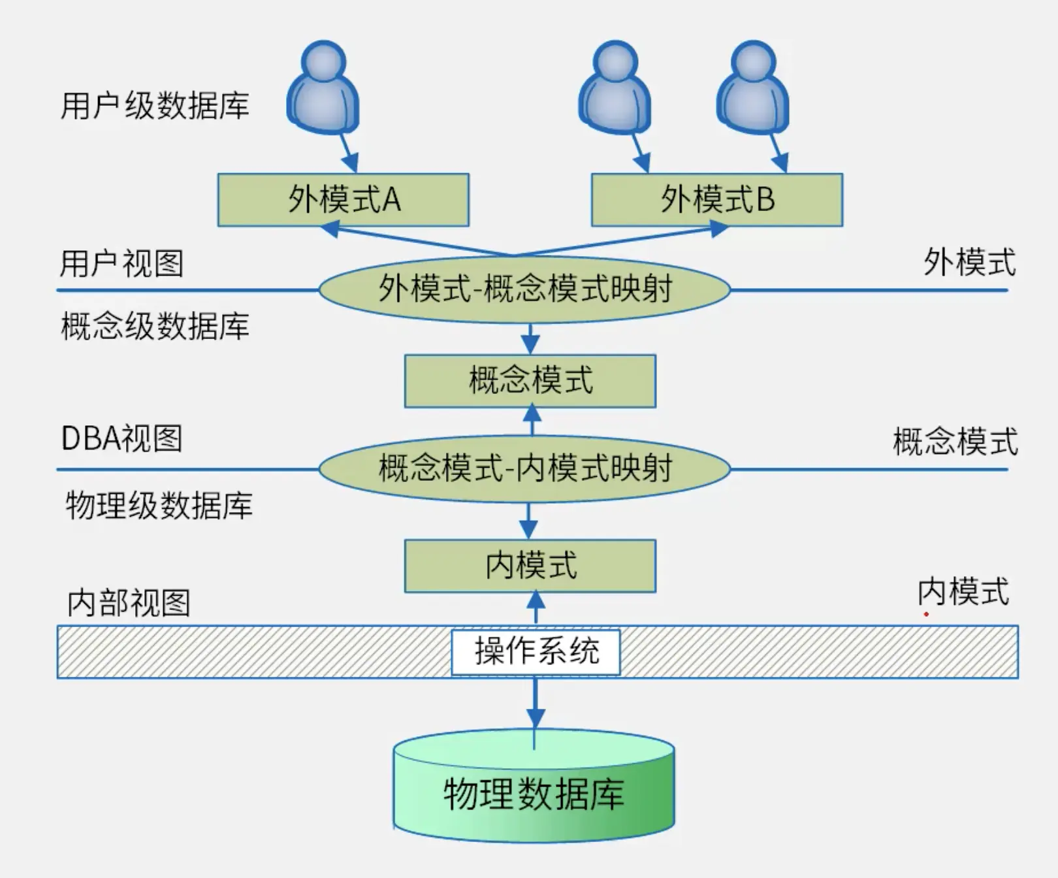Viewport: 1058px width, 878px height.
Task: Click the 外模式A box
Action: coord(343,200)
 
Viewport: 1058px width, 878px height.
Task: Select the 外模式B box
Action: coord(716,200)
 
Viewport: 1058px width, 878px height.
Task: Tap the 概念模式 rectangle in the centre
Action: coord(530,381)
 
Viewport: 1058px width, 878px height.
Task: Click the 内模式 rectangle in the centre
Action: coord(530,566)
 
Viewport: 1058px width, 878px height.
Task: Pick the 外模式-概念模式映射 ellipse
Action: coord(524,289)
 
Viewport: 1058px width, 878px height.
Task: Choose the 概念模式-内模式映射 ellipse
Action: coord(524,468)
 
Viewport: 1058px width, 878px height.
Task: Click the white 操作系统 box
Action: coord(536,651)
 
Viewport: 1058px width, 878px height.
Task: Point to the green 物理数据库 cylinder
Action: coord(534,794)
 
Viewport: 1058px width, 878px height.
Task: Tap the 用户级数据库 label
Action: coord(155,106)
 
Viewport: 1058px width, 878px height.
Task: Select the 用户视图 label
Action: coord(121,263)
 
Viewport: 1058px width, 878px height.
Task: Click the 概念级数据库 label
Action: coord(155,326)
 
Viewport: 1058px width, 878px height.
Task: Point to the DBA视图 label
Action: coord(121,438)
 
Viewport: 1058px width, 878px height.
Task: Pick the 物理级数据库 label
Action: coord(159,506)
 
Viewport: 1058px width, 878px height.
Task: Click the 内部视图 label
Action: coord(129,602)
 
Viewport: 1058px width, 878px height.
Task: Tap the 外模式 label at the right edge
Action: coord(969,263)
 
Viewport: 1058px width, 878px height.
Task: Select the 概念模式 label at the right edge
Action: coord(955,442)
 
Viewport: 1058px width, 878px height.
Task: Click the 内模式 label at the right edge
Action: coord(963,592)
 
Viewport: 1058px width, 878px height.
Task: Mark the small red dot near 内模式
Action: coord(926,614)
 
